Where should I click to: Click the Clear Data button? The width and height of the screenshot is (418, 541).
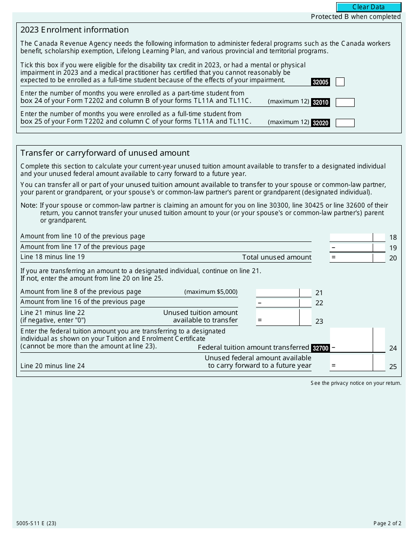[x=369, y=7]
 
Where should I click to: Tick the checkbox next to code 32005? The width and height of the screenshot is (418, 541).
[x=340, y=82]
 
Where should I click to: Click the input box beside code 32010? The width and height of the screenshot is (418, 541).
[x=345, y=102]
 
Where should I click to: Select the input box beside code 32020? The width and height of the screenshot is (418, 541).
[x=345, y=123]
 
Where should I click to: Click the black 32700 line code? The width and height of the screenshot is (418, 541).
[x=320, y=348]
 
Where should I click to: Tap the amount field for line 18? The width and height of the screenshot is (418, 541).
[x=351, y=238]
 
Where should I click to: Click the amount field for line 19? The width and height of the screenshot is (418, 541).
[x=351, y=248]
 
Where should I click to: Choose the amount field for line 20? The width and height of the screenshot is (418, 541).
[x=351, y=258]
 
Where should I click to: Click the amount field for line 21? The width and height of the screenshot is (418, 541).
[x=278, y=292]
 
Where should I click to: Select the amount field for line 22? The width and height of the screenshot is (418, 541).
[x=278, y=303]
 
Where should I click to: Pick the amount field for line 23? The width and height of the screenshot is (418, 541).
[x=278, y=318]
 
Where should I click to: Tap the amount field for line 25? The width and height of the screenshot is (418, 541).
[x=351, y=362]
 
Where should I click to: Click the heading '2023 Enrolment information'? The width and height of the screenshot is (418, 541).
[x=74, y=30]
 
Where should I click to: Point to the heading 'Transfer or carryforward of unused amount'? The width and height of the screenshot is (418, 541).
[x=105, y=153]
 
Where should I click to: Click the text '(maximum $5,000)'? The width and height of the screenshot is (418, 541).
[x=211, y=292]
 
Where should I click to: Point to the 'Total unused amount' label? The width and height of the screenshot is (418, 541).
[x=276, y=257]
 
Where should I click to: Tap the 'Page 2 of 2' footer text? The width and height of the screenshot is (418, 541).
[x=387, y=523]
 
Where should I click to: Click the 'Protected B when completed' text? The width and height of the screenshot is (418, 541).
[x=356, y=17]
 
